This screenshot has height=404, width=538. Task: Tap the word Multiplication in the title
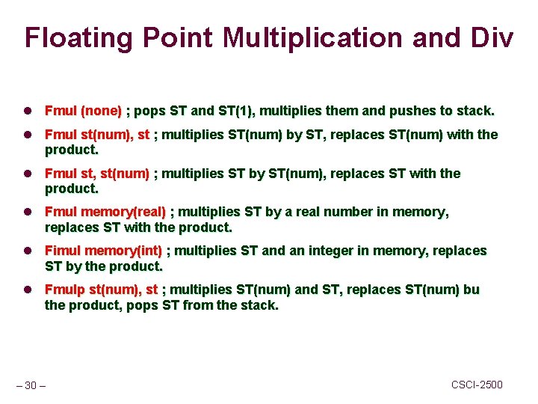(x=298, y=37)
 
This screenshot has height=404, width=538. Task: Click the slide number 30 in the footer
(x=31, y=385)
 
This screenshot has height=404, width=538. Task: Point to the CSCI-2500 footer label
(x=477, y=385)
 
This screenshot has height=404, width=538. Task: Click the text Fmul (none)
(x=83, y=111)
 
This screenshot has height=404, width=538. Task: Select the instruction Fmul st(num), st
(x=97, y=135)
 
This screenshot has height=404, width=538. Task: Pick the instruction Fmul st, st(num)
(x=97, y=174)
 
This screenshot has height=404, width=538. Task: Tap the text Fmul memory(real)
(x=105, y=212)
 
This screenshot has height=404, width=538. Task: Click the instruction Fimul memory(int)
(x=103, y=251)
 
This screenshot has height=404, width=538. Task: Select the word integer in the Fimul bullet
(x=315, y=251)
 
